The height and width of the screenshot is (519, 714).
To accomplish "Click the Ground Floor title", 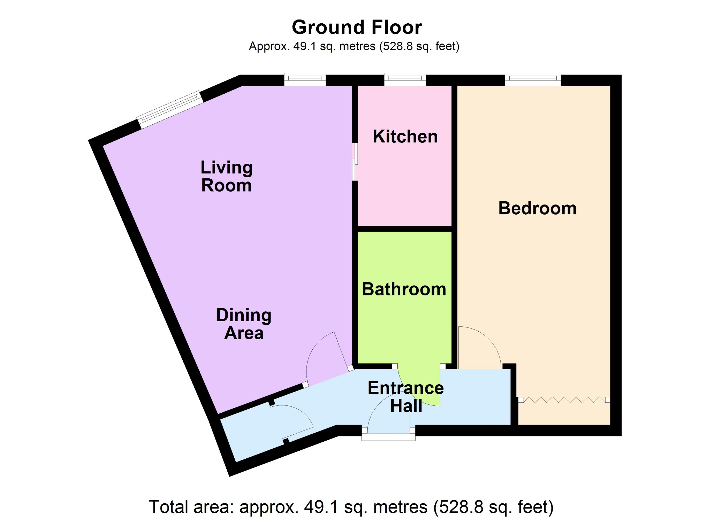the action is [x=357, y=27].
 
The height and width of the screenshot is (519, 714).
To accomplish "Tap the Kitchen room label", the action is [x=405, y=136].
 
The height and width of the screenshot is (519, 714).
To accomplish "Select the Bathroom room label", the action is [x=404, y=289].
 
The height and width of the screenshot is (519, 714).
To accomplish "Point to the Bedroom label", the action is [x=537, y=208].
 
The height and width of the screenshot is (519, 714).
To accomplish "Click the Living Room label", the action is [x=227, y=176].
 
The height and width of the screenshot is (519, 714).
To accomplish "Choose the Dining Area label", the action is [x=244, y=324].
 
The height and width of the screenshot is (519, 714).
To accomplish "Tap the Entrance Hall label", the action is [x=406, y=397].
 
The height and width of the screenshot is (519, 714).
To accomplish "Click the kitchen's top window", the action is [x=405, y=79].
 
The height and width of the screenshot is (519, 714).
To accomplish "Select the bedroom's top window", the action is [x=533, y=79].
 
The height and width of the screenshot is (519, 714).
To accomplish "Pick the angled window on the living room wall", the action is [x=170, y=109].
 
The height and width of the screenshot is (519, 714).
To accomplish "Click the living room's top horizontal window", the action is [x=305, y=79].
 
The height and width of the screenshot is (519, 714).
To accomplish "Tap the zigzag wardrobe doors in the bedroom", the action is [x=564, y=400].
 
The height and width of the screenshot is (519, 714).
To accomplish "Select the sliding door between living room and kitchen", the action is [x=355, y=162].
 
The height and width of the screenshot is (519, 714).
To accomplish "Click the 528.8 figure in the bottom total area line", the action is [x=461, y=507].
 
